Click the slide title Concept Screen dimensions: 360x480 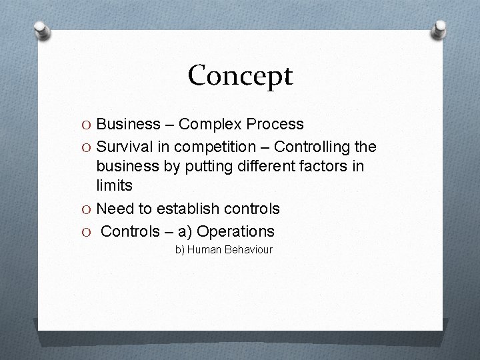[x=240, y=75]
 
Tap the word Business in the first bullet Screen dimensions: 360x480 [x=126, y=124]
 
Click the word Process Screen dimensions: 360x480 [x=275, y=124]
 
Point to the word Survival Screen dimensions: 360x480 [x=124, y=146]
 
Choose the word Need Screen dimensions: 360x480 [x=114, y=209]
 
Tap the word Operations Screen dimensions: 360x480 [x=235, y=231]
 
